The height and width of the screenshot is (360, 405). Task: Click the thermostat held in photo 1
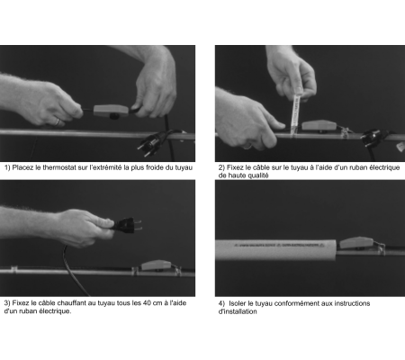tap(111, 111)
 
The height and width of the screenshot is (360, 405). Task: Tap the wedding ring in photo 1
tap(57, 121)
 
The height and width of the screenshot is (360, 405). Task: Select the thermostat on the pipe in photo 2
tap(319, 126)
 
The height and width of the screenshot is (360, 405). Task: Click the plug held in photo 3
tap(127, 225)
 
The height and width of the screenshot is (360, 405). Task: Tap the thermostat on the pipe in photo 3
tap(157, 265)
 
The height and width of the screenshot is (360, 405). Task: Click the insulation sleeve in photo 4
tap(275, 250)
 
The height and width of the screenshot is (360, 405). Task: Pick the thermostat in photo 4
tap(356, 243)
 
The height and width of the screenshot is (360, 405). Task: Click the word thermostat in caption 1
tap(59, 167)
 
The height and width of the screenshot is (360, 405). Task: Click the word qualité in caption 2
tap(257, 175)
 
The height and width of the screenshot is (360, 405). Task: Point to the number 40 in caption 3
tap(147, 303)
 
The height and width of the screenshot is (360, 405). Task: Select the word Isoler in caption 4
tap(238, 303)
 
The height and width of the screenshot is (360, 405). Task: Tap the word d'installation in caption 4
tap(238, 311)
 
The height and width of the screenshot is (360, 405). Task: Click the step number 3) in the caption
tap(7, 303)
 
